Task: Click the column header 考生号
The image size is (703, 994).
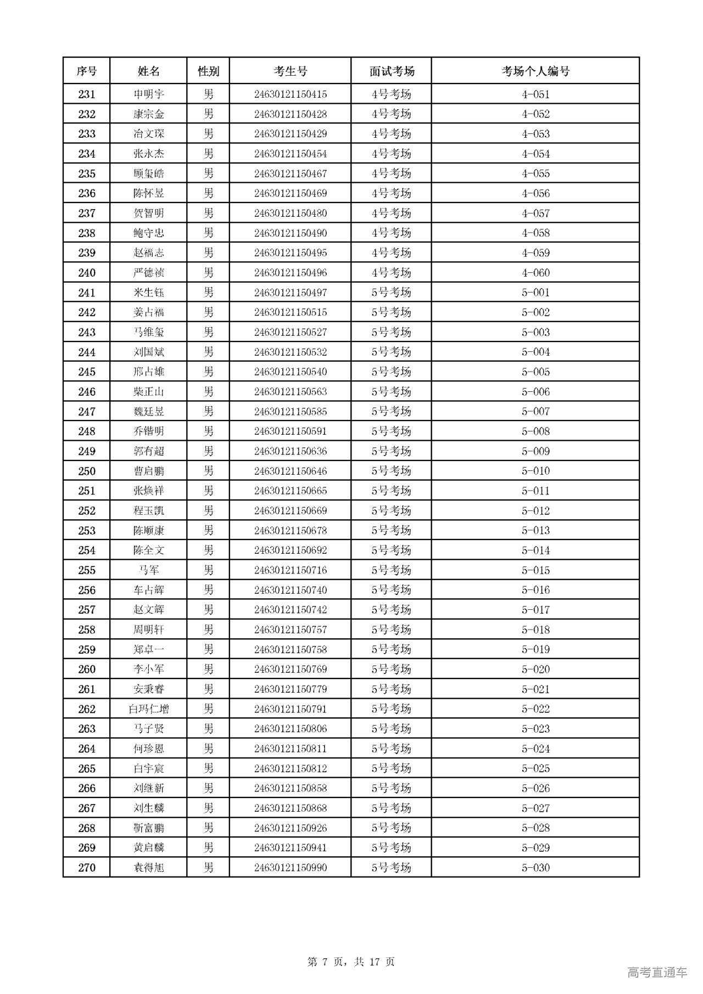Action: (x=290, y=71)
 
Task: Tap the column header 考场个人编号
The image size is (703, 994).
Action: (x=535, y=71)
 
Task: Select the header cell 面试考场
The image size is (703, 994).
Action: (x=391, y=71)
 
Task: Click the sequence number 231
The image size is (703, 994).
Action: (x=87, y=94)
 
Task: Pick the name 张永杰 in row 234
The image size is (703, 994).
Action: (x=148, y=154)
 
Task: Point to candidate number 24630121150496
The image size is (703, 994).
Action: (x=290, y=273)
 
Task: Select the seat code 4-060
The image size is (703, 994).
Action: (x=535, y=273)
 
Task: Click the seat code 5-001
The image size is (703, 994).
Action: (x=535, y=293)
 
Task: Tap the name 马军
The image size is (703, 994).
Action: (x=148, y=570)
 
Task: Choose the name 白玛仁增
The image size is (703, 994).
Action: (x=148, y=709)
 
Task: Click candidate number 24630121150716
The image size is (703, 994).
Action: (x=290, y=570)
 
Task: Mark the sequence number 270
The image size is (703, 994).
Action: (x=87, y=868)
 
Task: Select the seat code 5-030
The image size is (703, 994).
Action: (x=535, y=868)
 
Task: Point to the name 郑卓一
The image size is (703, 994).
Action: (x=148, y=649)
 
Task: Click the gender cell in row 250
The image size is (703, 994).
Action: (x=208, y=471)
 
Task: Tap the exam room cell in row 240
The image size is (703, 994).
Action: (x=391, y=273)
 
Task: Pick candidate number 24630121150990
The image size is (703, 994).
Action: (x=290, y=868)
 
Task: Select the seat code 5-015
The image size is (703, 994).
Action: (x=535, y=570)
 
